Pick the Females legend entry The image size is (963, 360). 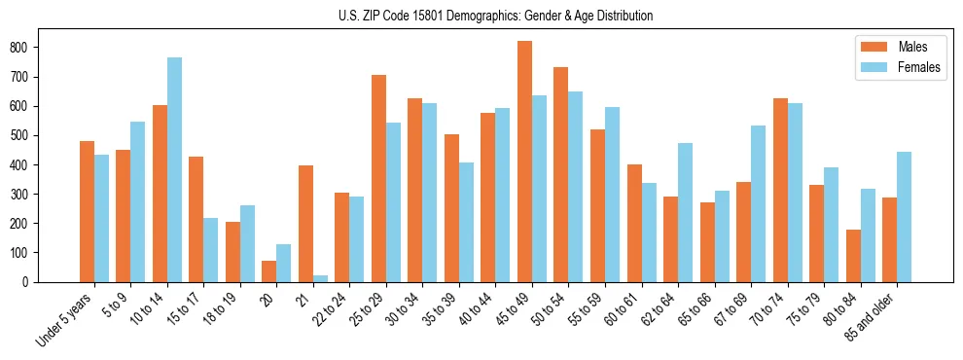click(x=893, y=68)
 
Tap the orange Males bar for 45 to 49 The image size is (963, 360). click(x=524, y=162)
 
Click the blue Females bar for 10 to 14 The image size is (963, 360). click(x=174, y=170)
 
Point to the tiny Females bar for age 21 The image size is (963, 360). click(x=320, y=278)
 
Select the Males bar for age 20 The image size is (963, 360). click(x=269, y=271)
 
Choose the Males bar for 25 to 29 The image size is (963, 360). click(x=378, y=178)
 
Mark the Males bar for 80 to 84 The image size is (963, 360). click(x=853, y=256)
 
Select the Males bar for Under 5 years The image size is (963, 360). click(x=87, y=211)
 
